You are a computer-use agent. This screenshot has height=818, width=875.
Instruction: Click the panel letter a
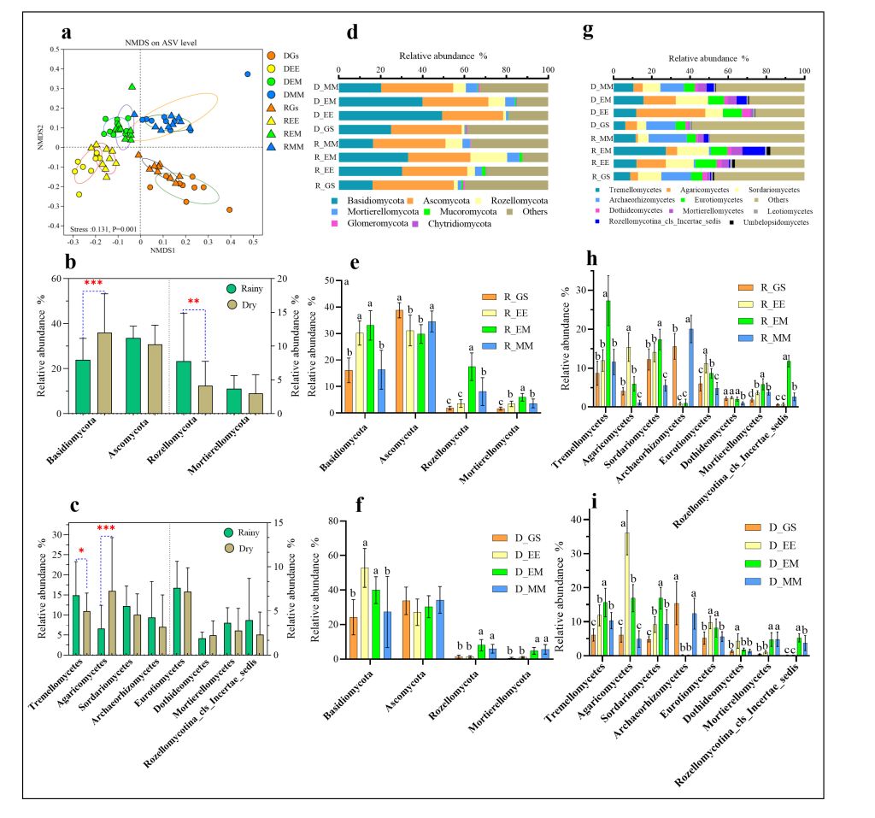tap(66, 34)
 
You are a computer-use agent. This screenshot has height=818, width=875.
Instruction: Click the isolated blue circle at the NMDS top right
tap(248, 74)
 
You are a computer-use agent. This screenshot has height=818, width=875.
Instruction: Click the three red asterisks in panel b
tap(92, 283)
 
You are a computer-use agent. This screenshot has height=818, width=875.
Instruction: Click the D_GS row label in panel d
tap(324, 129)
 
